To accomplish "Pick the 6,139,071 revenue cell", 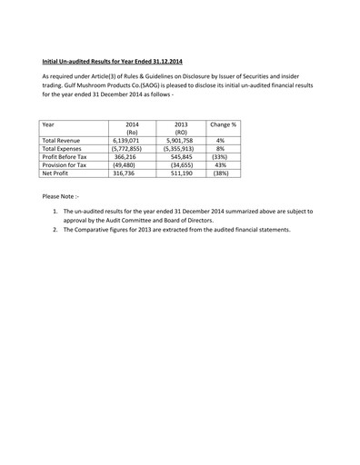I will click(x=125, y=141).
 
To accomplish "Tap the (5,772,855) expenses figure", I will click(x=125, y=149).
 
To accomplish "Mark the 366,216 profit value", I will click(x=125, y=158).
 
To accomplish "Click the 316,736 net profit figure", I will click(x=125, y=175).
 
